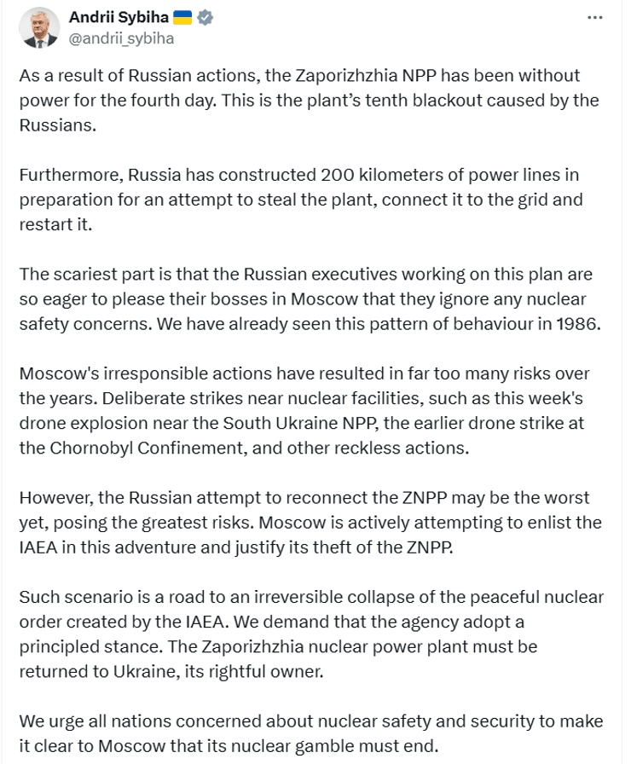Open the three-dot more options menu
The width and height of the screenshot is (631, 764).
point(598,18)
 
